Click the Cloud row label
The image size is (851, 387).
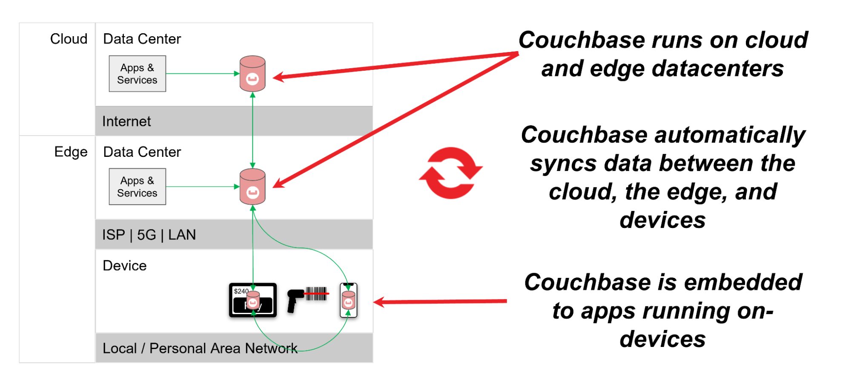[x=69, y=39]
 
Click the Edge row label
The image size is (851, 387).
[x=71, y=152]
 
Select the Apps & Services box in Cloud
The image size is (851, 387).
[x=137, y=74]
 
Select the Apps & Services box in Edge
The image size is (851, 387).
[x=137, y=187]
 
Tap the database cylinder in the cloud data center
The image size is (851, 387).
[x=252, y=74]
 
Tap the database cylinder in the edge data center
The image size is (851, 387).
[x=252, y=187]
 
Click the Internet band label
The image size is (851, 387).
[x=126, y=121]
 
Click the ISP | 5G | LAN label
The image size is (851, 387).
[x=149, y=235]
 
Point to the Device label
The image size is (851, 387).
[x=125, y=266]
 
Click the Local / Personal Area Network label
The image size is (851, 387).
[x=200, y=348]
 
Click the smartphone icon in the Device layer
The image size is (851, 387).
[x=348, y=300]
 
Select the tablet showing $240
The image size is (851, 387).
[x=253, y=300]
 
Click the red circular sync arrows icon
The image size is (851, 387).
[x=450, y=173]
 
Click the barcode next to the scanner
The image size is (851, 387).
[x=316, y=294]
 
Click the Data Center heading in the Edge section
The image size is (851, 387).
[x=142, y=152]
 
